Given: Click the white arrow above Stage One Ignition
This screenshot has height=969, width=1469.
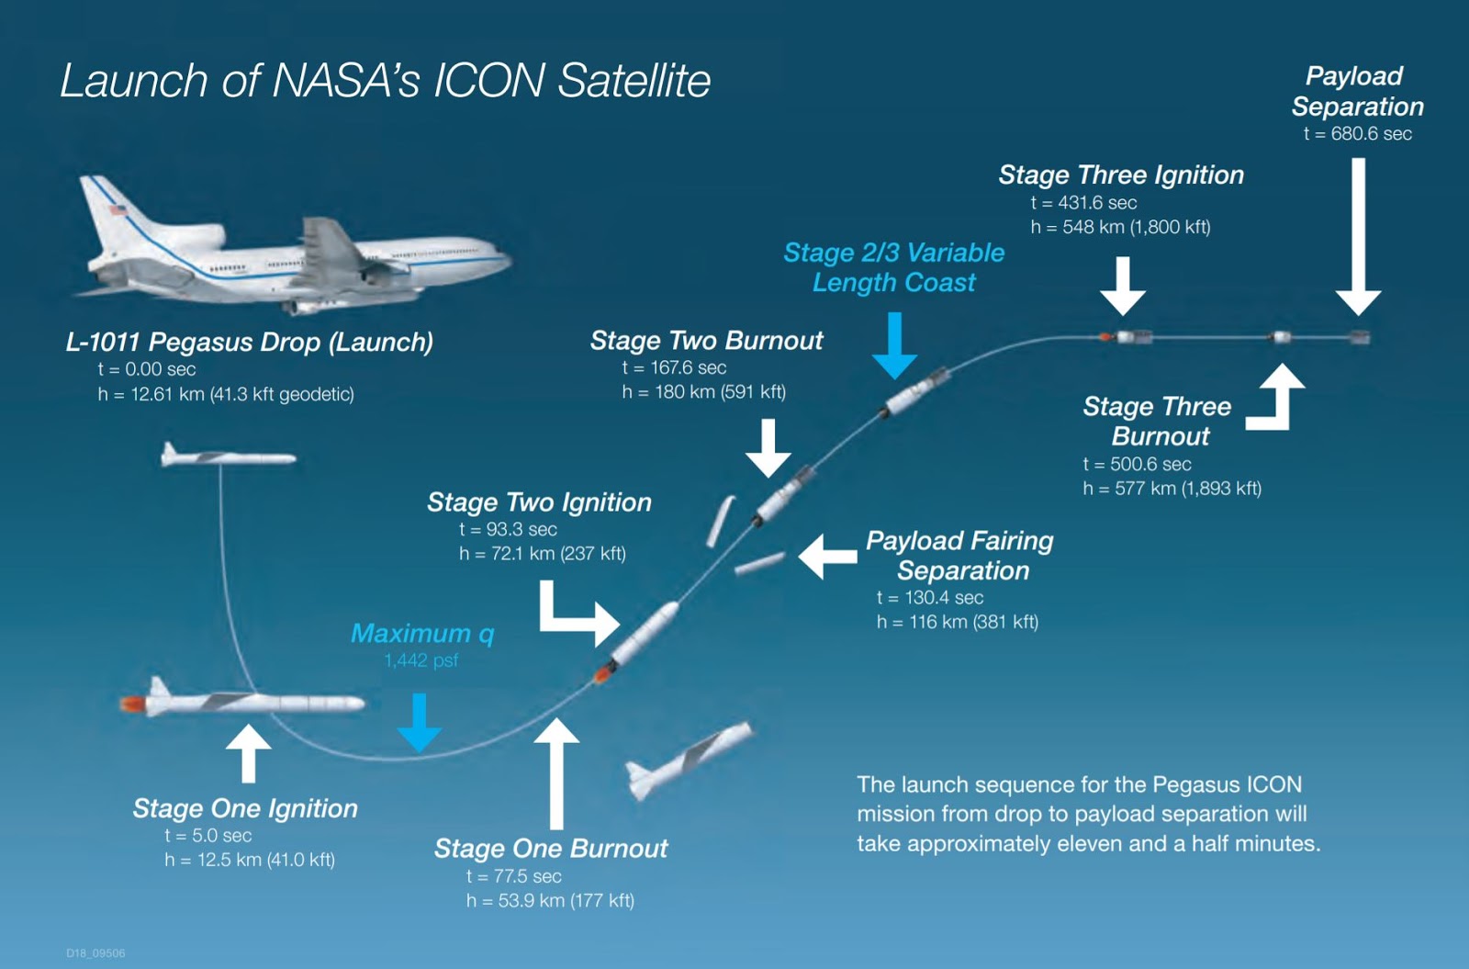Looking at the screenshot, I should pos(248,751).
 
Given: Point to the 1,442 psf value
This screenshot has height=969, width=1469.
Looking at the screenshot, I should pos(421,660).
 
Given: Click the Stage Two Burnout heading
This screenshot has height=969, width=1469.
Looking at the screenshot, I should pos(706,341).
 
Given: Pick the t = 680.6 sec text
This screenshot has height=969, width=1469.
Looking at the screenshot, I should pos(1357,134).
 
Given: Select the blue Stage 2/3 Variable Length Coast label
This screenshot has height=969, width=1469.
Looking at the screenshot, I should pos(893,267).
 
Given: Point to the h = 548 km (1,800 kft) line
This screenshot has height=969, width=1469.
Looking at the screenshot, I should pos(1120,227).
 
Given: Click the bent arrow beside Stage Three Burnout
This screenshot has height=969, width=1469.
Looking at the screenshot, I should pos(1279,400).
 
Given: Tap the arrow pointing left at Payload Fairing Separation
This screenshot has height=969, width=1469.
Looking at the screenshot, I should pos(827,557).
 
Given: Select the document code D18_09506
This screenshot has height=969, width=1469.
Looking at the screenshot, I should pos(95,953).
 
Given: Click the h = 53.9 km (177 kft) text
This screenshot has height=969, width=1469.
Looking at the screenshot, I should pos(550,901).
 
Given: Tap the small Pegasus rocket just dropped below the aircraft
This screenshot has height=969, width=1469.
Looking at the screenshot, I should pos(226,456).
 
